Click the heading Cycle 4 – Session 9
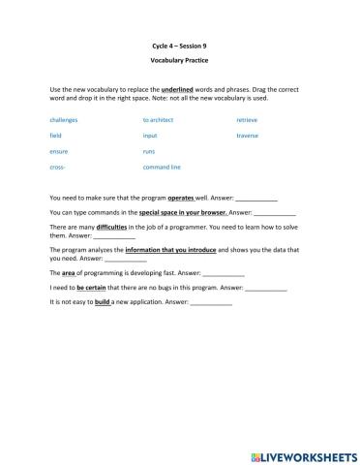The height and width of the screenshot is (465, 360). point(179,46)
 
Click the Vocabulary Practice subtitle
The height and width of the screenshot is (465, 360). point(179,61)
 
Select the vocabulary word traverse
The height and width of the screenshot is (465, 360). point(248,136)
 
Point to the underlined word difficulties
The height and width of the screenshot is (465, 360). point(99,228)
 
